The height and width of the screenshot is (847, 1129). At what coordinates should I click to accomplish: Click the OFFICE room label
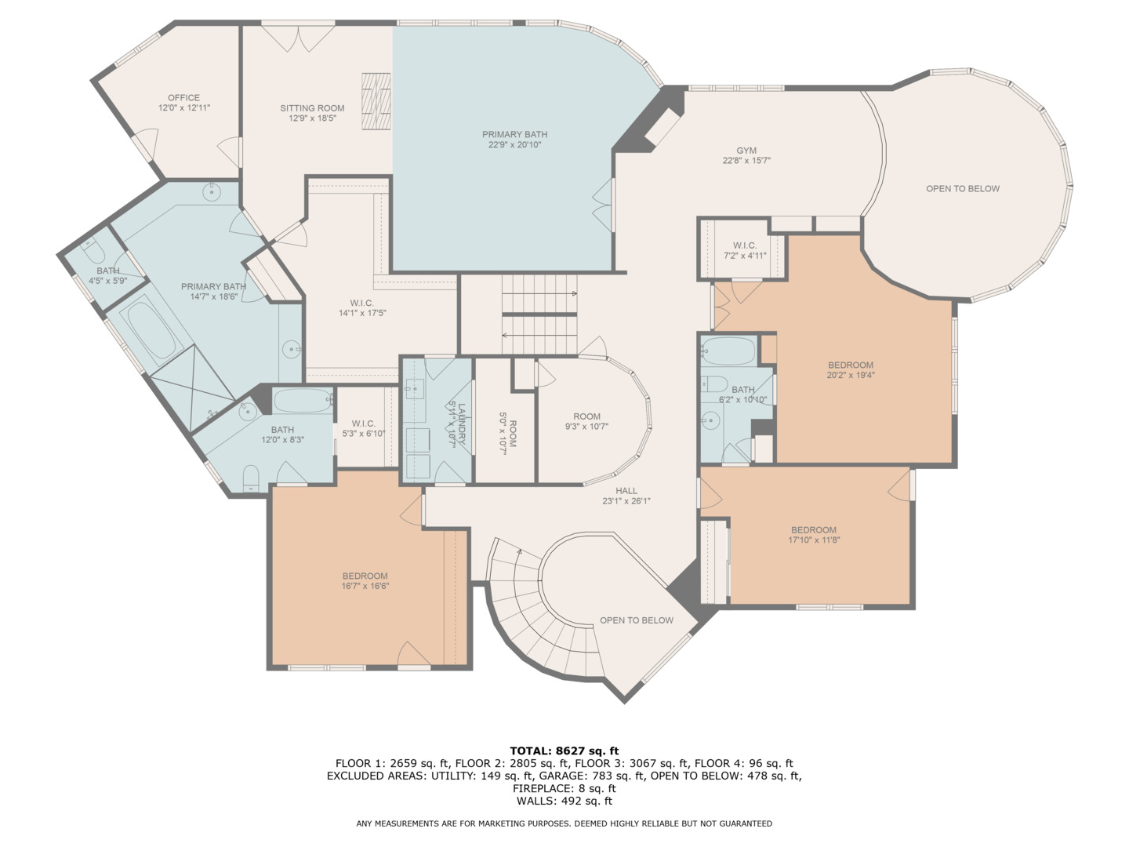pyautogui.click(x=183, y=98)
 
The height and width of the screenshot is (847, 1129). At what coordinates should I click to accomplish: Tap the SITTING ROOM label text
pyautogui.click(x=312, y=108)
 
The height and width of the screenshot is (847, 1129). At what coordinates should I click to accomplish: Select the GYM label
pyautogui.click(x=746, y=151)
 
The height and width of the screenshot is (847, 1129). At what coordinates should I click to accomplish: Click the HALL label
pyautogui.click(x=626, y=491)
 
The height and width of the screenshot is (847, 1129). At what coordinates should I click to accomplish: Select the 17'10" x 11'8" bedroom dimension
pyautogui.click(x=813, y=540)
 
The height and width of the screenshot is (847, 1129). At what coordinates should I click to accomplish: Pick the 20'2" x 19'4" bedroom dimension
pyautogui.click(x=850, y=376)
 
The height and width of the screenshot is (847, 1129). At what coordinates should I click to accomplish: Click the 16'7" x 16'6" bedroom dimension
pyautogui.click(x=365, y=586)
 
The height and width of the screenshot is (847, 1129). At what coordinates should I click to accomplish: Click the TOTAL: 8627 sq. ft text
pyautogui.click(x=564, y=751)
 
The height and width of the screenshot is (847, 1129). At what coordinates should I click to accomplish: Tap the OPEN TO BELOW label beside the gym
pyautogui.click(x=962, y=189)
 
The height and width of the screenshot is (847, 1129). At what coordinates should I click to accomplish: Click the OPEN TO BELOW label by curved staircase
pyautogui.click(x=636, y=620)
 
